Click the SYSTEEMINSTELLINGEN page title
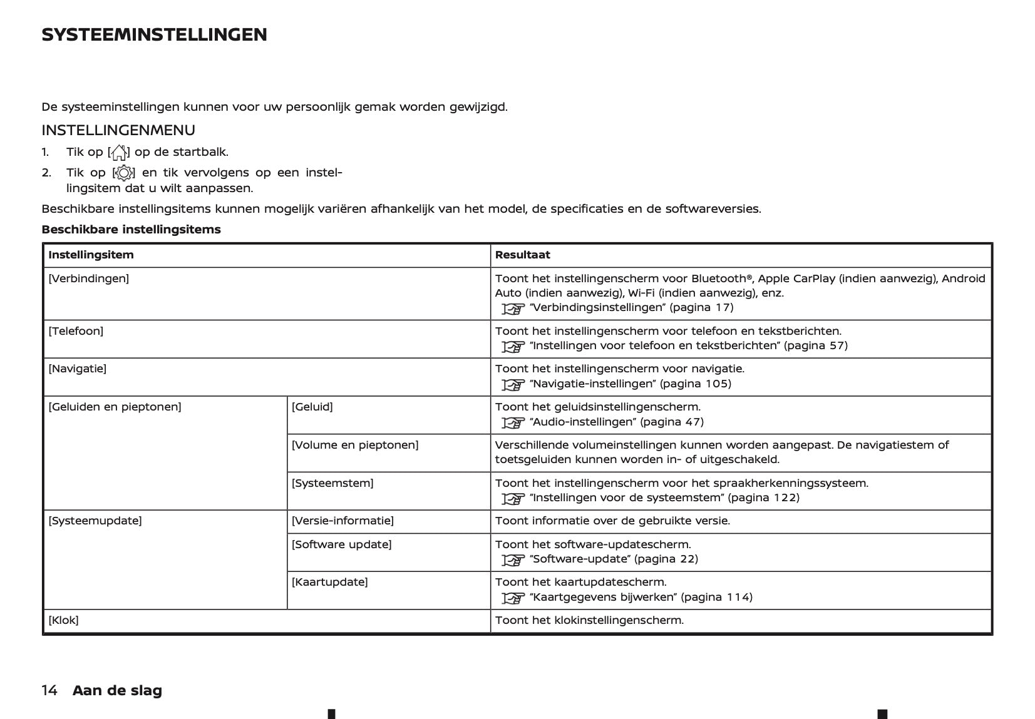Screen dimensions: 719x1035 tap(154, 34)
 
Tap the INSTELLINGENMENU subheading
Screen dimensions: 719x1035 tap(118, 130)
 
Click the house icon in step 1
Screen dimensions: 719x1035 tap(119, 152)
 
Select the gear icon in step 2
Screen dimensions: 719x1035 tap(123, 173)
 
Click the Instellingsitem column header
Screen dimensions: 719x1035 tap(91, 255)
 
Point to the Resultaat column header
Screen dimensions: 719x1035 tap(522, 255)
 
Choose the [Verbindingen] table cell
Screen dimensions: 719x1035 tap(88, 278)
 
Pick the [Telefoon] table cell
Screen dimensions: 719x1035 tap(76, 331)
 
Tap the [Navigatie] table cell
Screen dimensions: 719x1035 tap(77, 369)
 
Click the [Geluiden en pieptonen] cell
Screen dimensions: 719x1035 tap(115, 407)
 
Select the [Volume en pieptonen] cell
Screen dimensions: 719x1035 tap(354, 445)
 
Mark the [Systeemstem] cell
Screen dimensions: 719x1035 tap(332, 483)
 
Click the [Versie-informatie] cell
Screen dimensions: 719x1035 tap(342, 521)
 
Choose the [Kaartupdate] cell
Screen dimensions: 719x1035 tap(329, 582)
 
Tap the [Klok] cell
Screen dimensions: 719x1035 tap(63, 620)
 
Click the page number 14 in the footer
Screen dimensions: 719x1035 tap(49, 690)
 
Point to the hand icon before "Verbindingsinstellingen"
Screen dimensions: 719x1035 tap(513, 309)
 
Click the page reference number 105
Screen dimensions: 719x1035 tap(718, 384)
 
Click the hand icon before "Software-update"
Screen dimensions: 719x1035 tap(513, 560)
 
